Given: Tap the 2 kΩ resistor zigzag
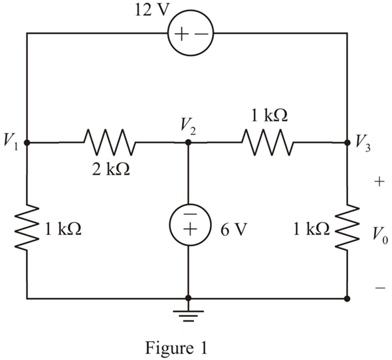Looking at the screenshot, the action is (x=110, y=142).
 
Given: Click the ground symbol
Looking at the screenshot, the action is (x=189, y=315).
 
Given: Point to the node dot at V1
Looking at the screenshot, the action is (x=27, y=143).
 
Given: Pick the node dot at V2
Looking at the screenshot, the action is (x=189, y=143).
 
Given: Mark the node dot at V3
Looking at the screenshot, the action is (x=347, y=143).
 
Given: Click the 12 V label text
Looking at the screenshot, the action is (x=149, y=11).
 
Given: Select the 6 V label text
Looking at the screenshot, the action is (x=233, y=230).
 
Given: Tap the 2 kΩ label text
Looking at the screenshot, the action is (x=111, y=170).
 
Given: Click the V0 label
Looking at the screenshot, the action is (x=380, y=234).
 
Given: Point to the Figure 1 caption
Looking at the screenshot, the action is (x=176, y=348).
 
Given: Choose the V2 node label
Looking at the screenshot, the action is (x=189, y=127).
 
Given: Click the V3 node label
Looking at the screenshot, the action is (x=363, y=143).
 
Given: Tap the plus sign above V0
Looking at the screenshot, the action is (x=379, y=181).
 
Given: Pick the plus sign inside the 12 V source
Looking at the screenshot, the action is (x=181, y=34).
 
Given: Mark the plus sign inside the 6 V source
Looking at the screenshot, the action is (x=190, y=229).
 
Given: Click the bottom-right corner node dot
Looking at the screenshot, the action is (x=347, y=298).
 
